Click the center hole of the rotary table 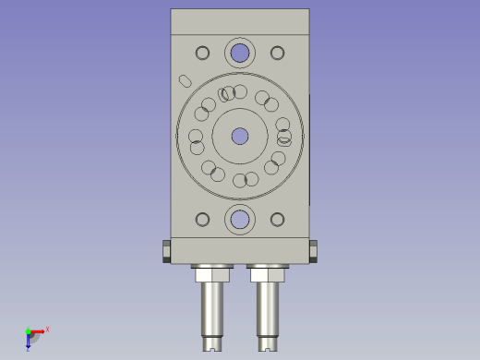click(x=240, y=137)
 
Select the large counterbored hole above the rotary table click(x=240, y=53)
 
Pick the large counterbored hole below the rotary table click(x=240, y=220)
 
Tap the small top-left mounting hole click(x=203, y=53)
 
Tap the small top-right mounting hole click(x=277, y=53)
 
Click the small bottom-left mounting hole click(x=203, y=220)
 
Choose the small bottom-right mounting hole click(x=277, y=220)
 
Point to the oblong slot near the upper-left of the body click(x=185, y=80)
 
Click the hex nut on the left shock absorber click(x=212, y=273)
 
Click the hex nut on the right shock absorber click(x=268, y=273)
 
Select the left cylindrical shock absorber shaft click(x=212, y=309)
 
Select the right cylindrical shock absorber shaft click(x=268, y=309)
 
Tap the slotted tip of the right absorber click(x=269, y=346)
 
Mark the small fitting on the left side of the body click(x=166, y=250)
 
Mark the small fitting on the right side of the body click(x=314, y=250)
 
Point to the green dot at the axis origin click(x=28, y=330)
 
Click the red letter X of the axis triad click(x=47, y=329)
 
